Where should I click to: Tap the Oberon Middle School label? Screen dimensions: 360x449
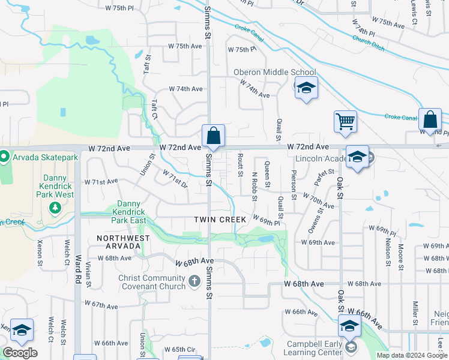(x=274, y=72)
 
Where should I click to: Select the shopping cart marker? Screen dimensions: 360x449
(x=346, y=122)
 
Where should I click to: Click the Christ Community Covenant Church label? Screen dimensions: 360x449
(x=151, y=282)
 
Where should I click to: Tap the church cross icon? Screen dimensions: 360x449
(x=194, y=281)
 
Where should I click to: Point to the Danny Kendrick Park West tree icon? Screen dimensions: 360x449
(x=55, y=208)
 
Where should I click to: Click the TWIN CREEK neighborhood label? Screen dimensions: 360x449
(x=220, y=220)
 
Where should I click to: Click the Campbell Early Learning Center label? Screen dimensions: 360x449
(x=309, y=349)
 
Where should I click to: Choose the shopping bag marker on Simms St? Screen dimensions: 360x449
(x=213, y=136)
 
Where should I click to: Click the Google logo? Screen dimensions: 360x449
(x=20, y=352)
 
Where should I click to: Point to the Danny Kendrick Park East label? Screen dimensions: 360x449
(x=131, y=212)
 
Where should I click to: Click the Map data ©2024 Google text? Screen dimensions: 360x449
(x=412, y=355)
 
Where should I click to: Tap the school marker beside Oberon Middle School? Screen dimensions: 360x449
(x=306, y=89)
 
